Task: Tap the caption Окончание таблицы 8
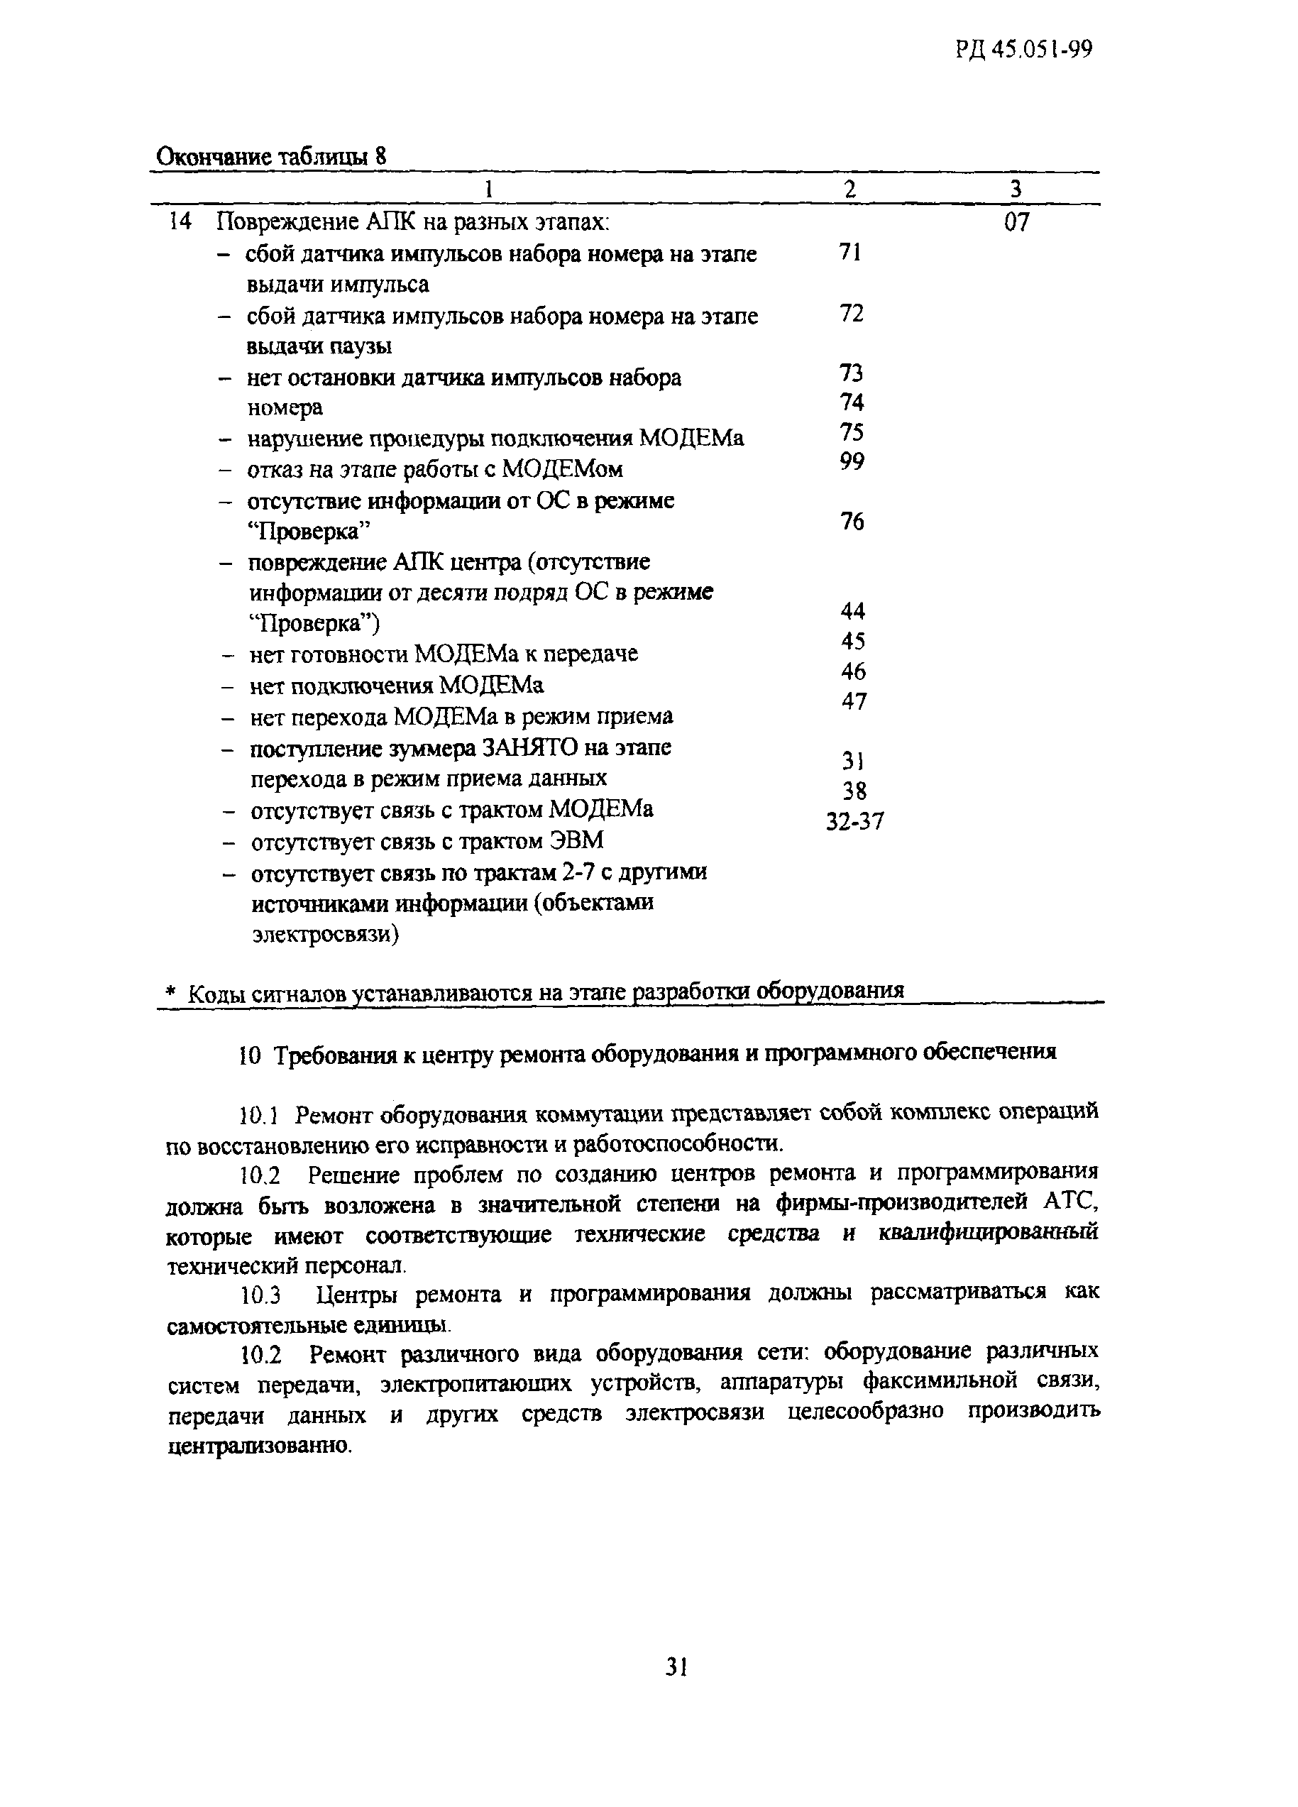pyautogui.click(x=271, y=156)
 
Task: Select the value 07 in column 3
pyautogui.click(x=1016, y=222)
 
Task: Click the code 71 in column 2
pyautogui.click(x=850, y=253)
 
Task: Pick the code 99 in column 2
pyautogui.click(x=851, y=461)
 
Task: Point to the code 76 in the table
pyautogui.click(x=852, y=522)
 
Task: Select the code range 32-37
pyautogui.click(x=854, y=821)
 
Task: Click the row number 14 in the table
pyautogui.click(x=181, y=222)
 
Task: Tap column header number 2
pyautogui.click(x=850, y=190)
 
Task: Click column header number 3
pyautogui.click(x=1016, y=190)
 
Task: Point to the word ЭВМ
pyautogui.click(x=577, y=841)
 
